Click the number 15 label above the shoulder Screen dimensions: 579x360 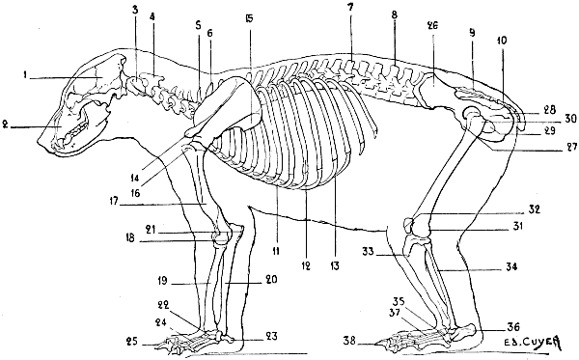point(249,20)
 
